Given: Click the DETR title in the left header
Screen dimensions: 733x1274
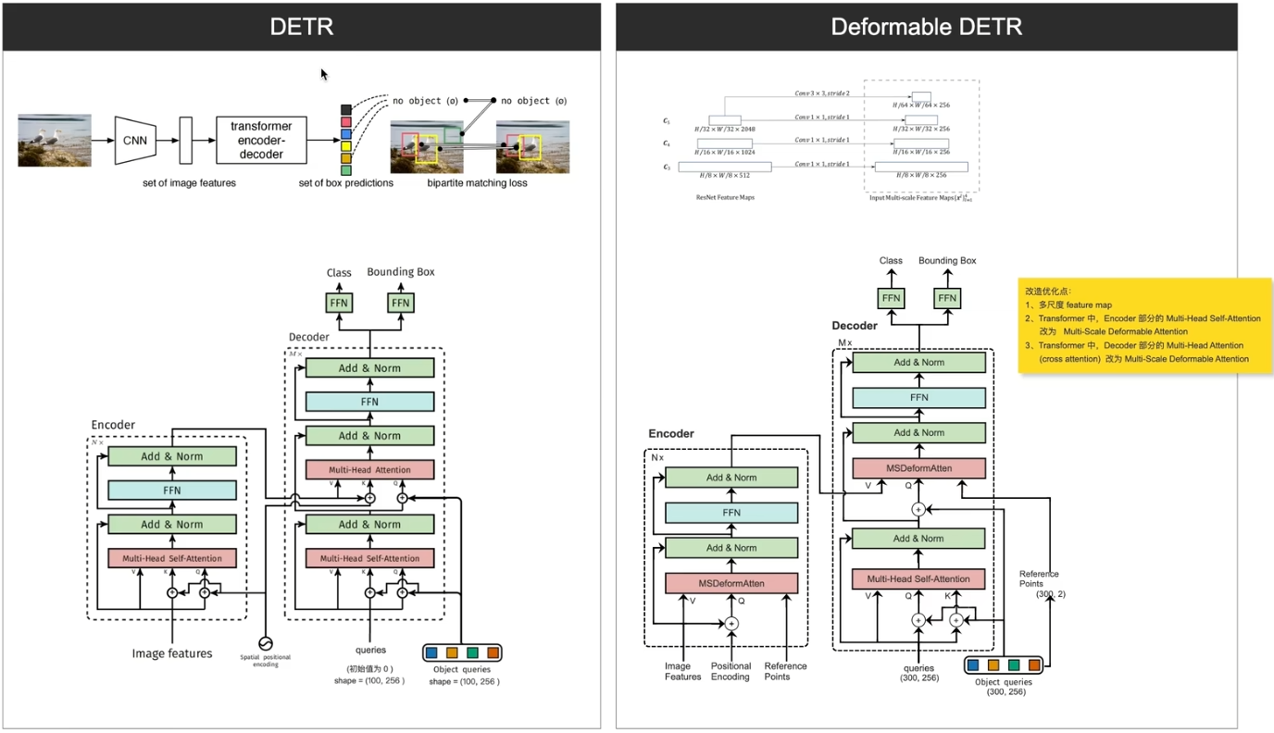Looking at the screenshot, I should (x=301, y=27).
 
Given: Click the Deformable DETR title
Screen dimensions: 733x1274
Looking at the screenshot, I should (x=926, y=27).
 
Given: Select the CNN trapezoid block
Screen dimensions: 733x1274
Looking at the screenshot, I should (x=134, y=141).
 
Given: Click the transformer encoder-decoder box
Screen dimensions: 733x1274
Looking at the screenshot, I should (x=261, y=141).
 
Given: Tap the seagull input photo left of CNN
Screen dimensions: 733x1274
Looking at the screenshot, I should (x=55, y=141).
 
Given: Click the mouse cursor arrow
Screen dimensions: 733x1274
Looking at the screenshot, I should (x=324, y=74).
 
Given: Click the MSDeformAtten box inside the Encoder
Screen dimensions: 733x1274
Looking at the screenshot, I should (x=731, y=583).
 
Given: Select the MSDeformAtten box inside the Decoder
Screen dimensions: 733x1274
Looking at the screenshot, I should (x=918, y=467).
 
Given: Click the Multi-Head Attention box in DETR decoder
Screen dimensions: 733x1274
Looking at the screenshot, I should (x=369, y=470).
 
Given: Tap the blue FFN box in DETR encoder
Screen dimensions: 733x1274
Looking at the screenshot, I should (x=172, y=491).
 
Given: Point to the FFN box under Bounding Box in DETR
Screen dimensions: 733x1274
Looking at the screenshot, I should (x=400, y=303).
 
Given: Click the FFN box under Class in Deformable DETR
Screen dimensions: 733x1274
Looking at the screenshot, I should (x=892, y=298).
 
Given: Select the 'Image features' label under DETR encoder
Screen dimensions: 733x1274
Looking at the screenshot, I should (x=172, y=653).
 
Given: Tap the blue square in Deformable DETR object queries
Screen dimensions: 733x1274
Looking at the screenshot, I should (x=972, y=665).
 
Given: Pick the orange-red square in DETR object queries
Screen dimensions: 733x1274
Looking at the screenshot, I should (x=493, y=652).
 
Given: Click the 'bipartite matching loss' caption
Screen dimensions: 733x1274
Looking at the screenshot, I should (x=477, y=183).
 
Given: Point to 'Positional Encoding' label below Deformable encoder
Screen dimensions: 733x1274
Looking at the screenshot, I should (x=731, y=671).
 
